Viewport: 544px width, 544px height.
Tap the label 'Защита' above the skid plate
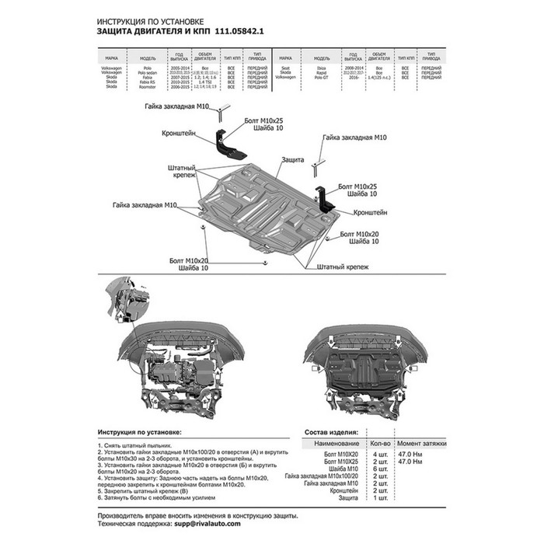(293, 159)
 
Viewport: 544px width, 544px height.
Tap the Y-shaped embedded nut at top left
(219, 113)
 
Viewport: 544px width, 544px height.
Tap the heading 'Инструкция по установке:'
(140, 431)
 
